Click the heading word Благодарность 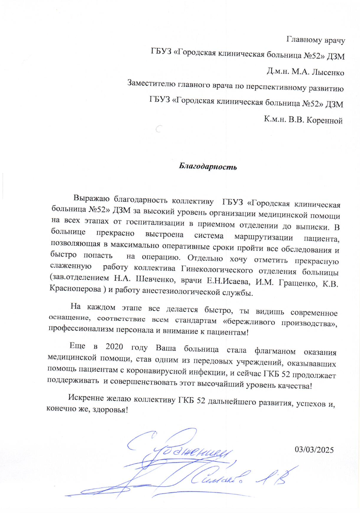(x=208, y=165)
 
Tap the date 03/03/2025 (x=315, y=450)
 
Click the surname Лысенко (x=323, y=70)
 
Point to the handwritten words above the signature (x=186, y=449)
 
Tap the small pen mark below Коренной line (x=158, y=128)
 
